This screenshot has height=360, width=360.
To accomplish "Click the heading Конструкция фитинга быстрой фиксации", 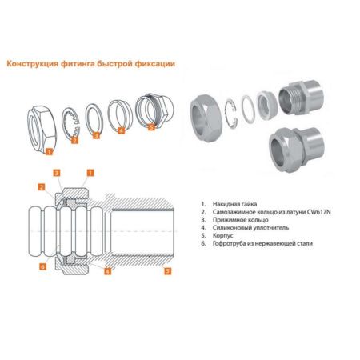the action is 91,64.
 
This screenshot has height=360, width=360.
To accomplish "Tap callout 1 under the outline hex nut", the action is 49,152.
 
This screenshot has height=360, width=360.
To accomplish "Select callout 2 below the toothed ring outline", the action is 75,140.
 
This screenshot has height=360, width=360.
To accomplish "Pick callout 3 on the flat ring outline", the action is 96,135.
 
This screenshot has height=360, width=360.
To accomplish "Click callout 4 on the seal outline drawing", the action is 121,130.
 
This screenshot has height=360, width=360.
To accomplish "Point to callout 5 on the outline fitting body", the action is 151,127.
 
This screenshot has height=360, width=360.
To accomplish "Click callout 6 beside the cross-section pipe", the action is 42,266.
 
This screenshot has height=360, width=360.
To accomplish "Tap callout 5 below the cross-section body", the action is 167,271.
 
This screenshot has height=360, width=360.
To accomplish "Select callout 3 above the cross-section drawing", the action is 56,173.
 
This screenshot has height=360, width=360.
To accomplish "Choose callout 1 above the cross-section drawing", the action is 90,173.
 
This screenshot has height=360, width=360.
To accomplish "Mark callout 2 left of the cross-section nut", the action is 42,187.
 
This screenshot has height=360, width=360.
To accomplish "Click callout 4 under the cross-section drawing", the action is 107,271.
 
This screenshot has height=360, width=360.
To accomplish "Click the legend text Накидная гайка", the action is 234,204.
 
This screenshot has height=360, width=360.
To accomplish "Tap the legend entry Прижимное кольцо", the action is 241,220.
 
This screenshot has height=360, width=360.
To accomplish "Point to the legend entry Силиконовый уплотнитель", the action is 250,228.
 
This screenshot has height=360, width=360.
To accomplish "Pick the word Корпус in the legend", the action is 223,236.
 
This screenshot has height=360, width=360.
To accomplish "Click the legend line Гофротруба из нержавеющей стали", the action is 262,243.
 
